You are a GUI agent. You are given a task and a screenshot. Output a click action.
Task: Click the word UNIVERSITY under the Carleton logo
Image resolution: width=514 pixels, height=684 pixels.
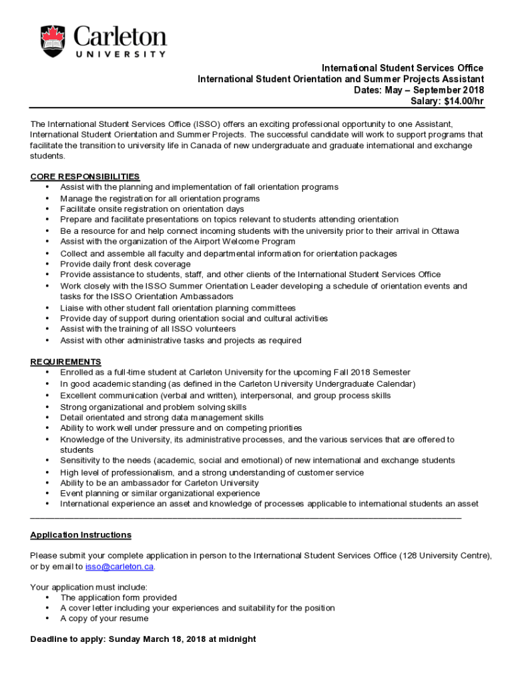click(x=119, y=54)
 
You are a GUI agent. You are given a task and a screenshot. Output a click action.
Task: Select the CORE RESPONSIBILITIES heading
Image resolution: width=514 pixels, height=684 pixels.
click(x=85, y=176)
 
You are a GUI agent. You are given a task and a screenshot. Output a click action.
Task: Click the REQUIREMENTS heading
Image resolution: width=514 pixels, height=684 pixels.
click(x=65, y=361)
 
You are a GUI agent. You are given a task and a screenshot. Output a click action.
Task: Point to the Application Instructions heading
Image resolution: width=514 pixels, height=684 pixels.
click(x=81, y=535)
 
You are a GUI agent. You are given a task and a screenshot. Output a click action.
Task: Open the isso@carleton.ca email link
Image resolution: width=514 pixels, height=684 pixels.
click(x=119, y=566)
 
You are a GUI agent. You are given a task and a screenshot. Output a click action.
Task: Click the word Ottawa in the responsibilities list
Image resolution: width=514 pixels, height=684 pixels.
click(x=445, y=231)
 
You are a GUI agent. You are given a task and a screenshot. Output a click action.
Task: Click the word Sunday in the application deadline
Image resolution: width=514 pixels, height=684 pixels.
click(x=123, y=639)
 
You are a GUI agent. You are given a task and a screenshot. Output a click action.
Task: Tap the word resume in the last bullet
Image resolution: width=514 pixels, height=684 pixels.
click(x=134, y=619)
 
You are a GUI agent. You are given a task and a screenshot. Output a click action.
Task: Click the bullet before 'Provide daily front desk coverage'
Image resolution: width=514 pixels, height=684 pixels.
click(x=47, y=265)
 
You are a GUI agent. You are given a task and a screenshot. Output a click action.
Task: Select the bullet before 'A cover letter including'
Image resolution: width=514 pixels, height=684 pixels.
click(x=47, y=609)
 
